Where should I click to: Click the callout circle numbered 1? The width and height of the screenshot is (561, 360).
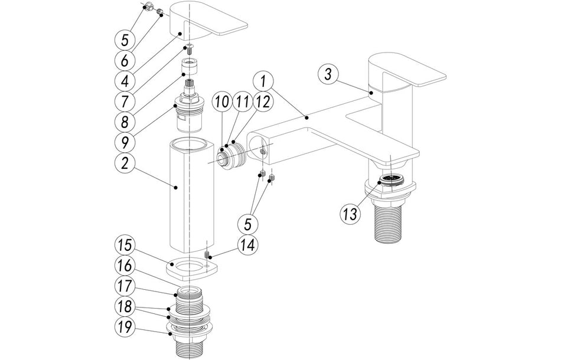point(265,79)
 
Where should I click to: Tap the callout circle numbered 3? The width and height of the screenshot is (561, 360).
point(329,74)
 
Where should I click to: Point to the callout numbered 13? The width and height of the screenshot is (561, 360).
point(350,212)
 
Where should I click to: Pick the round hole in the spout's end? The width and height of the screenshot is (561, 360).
point(258,143)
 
